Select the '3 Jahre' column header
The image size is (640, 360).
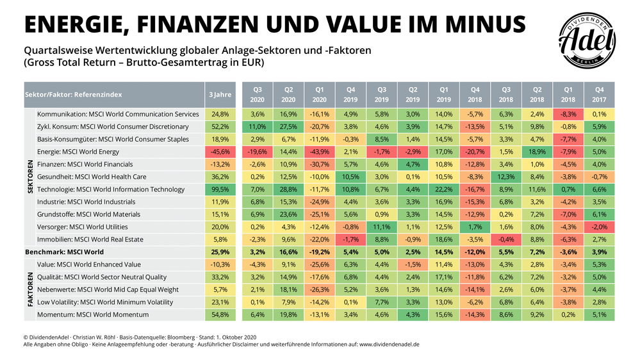220,94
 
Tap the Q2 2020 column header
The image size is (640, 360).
288,94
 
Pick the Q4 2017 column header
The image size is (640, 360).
599,94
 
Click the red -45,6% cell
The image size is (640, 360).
220,152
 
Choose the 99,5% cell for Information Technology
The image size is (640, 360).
220,190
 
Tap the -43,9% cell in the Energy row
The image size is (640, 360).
319,152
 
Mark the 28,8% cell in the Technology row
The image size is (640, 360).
288,190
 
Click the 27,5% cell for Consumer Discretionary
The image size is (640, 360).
288,127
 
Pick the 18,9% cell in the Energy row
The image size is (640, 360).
537,152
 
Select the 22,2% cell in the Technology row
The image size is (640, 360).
443,190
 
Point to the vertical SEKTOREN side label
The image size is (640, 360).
29,176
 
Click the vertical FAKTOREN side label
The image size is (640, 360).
29,290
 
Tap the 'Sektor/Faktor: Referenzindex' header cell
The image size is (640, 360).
73,94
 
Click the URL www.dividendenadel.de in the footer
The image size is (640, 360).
389,344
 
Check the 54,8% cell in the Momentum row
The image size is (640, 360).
220,315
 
